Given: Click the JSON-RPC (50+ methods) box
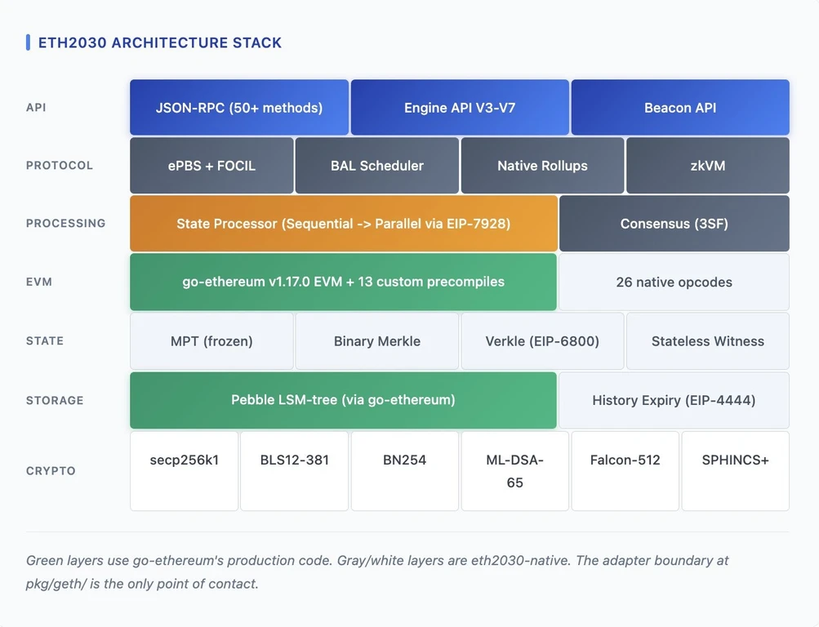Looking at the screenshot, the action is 239,108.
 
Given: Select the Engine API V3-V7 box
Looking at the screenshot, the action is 460,108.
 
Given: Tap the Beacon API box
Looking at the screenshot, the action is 680,108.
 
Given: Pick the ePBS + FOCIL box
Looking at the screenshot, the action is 211,166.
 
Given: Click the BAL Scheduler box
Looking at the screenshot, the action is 377,166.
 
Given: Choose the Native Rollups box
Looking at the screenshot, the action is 542,166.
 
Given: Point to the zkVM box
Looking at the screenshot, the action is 708,166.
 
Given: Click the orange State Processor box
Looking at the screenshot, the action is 344,224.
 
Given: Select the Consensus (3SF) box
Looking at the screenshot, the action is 674,224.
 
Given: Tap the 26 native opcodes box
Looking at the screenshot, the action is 674,282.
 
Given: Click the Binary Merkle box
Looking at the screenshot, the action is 377,341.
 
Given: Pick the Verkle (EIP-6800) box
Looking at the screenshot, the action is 542,341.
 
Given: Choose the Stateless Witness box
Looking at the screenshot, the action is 708,341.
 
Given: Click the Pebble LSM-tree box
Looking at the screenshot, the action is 343,400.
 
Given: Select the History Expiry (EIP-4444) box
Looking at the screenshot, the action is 674,400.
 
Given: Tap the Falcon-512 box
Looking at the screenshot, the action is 625,471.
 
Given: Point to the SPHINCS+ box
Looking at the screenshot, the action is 736,471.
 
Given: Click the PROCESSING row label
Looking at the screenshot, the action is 66,224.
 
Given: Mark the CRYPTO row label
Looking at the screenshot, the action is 51,471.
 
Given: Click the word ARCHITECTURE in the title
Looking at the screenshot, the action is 170,42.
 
